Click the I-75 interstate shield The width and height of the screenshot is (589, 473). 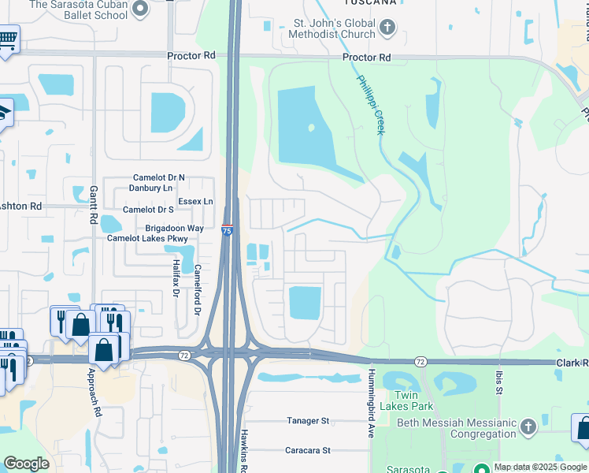(227, 230)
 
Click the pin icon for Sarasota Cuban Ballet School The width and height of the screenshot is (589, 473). (140, 9)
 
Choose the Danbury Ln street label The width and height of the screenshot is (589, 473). (150, 188)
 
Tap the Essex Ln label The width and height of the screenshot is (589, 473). (195, 202)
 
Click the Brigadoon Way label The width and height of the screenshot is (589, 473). (173, 228)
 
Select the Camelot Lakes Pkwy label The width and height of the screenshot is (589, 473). (147, 238)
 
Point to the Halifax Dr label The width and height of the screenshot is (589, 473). (176, 278)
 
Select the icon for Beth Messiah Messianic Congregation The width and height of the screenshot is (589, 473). (528, 427)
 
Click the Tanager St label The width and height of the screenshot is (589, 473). (307, 421)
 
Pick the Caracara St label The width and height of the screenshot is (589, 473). (307, 451)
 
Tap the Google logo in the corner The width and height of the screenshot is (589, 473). (26, 464)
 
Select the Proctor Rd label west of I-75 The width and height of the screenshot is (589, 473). (191, 56)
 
